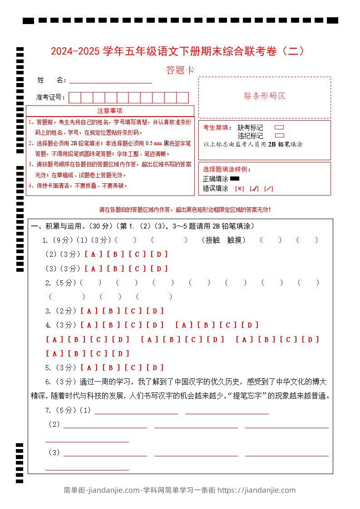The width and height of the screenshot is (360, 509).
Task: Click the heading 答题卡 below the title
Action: pos(180,70)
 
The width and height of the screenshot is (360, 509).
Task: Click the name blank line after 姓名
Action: pos(110,81)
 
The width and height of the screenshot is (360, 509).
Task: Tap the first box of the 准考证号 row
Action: pos(75,98)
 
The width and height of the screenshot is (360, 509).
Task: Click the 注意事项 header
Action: pos(110,111)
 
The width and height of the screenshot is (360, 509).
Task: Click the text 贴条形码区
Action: pos(264,96)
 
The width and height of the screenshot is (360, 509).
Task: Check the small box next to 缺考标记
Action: pos(280,127)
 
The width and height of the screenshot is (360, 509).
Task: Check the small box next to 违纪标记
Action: pos(280,135)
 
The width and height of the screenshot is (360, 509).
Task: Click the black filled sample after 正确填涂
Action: pos(235,178)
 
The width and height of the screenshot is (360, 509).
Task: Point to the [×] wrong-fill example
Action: pos(239,189)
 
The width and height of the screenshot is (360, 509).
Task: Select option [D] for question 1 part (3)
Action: pos(159,269)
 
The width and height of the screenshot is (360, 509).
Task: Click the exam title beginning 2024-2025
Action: pos(178,51)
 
